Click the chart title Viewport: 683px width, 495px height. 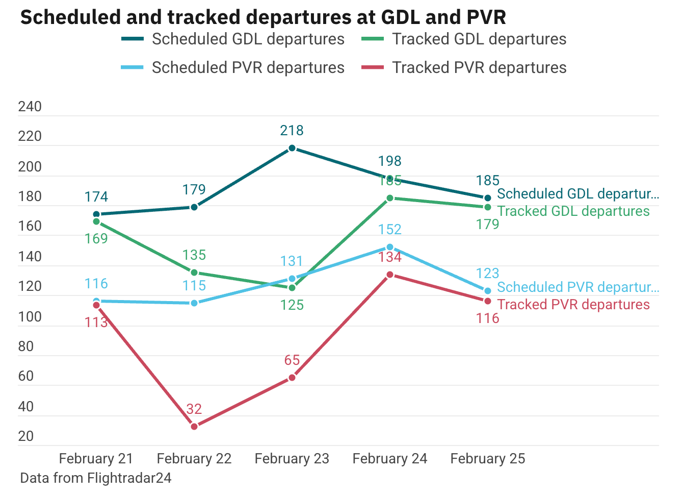click(x=262, y=17)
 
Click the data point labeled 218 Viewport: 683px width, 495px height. click(x=292, y=148)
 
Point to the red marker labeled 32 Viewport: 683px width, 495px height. click(x=194, y=427)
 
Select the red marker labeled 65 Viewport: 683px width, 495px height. click(x=292, y=378)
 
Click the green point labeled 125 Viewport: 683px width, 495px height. click(x=292, y=288)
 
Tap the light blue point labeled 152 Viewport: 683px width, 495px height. click(x=390, y=247)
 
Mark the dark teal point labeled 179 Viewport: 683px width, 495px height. click(x=194, y=207)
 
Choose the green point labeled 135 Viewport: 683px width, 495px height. click(x=194, y=273)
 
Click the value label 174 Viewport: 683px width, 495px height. click(x=96, y=197)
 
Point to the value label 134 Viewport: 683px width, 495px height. click(x=390, y=257)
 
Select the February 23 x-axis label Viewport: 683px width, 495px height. click(x=292, y=459)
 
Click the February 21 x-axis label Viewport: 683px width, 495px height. click(x=96, y=459)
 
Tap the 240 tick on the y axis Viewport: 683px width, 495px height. click(x=30, y=107)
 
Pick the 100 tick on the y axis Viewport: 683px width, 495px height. click(x=30, y=317)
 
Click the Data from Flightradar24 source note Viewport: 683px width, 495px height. click(x=96, y=478)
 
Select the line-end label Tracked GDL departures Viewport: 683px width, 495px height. click(x=573, y=211)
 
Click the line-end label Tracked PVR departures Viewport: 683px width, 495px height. click(x=573, y=305)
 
